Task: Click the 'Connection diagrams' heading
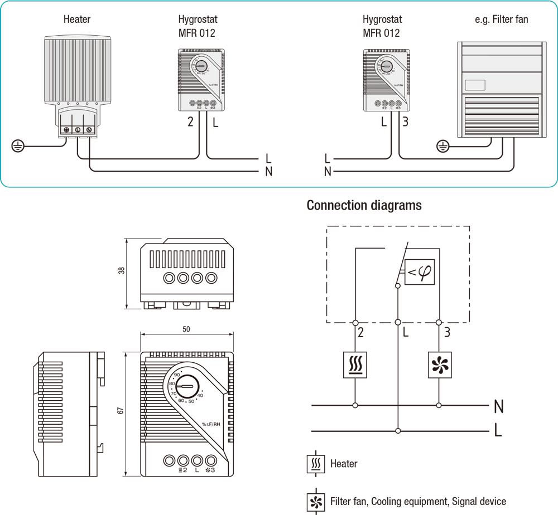[x=364, y=206]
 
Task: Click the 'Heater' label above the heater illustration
[x=77, y=20]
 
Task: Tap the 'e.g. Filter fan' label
[x=501, y=20]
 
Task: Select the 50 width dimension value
[x=186, y=329]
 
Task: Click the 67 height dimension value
[x=121, y=411]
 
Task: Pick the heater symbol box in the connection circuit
[x=355, y=365]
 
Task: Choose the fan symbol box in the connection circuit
[x=439, y=365]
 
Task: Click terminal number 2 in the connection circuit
[x=361, y=333]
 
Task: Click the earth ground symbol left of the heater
[x=18, y=147]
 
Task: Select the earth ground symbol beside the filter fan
[x=442, y=147]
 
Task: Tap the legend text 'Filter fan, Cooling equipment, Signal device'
[x=418, y=501]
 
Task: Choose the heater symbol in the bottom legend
[x=316, y=464]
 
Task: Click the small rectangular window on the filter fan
[x=474, y=85]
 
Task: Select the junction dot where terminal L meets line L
[x=397, y=431]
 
